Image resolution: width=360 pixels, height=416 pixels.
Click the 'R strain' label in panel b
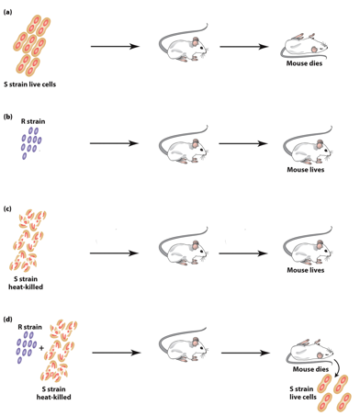click(x=34, y=120)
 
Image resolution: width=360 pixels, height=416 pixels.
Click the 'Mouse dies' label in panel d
click(x=310, y=368)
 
